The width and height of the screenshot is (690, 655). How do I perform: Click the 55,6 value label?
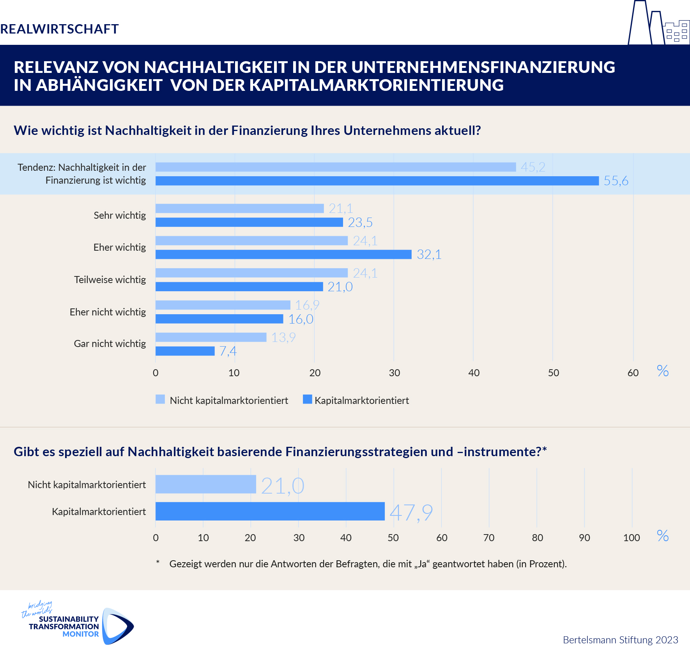click(616, 181)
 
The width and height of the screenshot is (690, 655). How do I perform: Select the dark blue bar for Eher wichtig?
click(283, 255)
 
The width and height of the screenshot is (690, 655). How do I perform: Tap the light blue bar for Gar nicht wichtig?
click(211, 337)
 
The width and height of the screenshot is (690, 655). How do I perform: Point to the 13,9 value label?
click(283, 338)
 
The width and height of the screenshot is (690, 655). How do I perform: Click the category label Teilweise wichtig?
click(110, 280)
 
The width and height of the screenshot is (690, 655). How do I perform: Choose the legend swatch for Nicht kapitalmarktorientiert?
click(160, 400)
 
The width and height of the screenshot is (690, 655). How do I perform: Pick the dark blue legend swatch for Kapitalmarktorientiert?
click(308, 400)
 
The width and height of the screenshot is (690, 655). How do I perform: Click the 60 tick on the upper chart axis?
click(633, 373)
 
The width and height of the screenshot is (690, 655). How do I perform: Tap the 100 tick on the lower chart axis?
click(632, 538)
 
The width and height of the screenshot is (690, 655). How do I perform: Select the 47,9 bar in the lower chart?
click(270, 512)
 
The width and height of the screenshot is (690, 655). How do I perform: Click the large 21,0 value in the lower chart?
click(283, 486)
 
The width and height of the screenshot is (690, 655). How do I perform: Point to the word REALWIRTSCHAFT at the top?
click(59, 29)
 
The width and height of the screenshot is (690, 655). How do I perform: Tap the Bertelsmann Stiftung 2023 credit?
click(621, 640)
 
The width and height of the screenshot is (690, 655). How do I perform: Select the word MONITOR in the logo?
click(81, 634)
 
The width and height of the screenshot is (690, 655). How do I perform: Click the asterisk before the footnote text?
click(158, 562)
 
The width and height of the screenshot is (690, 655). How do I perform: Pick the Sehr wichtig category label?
click(120, 216)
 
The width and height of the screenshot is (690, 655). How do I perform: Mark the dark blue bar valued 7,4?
click(185, 351)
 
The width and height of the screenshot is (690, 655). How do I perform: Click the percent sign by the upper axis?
click(663, 371)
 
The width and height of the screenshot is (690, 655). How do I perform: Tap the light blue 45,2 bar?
click(336, 167)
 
